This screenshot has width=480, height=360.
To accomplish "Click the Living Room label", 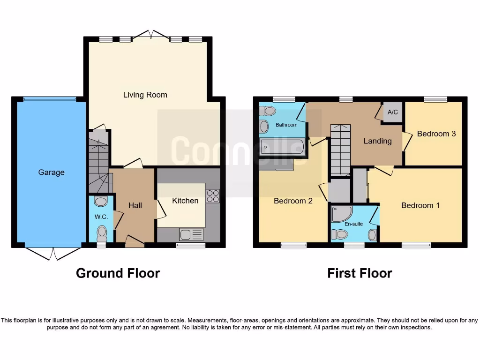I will pos(145,95).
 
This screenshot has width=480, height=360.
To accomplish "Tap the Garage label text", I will pos(51,172).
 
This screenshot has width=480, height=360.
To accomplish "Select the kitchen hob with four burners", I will pos(212,196).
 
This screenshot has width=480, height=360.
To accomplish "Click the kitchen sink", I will pos(191,233).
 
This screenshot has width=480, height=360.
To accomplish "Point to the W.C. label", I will pos(101,217).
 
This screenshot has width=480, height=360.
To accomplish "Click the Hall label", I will pos(135,205).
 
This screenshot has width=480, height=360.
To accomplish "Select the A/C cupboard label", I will pos(393,112).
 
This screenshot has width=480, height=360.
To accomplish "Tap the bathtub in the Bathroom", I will pos(282,147).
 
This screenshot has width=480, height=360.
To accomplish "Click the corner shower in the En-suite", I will pos(341,214).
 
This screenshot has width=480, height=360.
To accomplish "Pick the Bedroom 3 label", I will pos(436,134).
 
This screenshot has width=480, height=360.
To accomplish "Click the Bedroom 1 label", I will pos(420,205).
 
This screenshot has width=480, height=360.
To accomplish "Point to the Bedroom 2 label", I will pos(293,201).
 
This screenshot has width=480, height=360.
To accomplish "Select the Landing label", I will pos(377,141).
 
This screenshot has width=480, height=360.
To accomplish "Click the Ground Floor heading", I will pos(118,273).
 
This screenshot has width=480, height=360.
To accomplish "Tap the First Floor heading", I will pos(360,273).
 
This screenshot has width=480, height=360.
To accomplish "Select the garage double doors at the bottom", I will pos(52,254).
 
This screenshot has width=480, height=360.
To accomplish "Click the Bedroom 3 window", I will pos(435,99).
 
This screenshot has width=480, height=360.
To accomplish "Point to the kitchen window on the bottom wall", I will pos(190,245).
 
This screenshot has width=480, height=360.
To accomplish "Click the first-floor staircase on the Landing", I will pos(340,149).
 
